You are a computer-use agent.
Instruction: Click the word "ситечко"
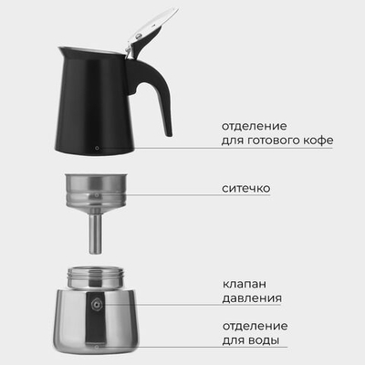[x=245, y=189]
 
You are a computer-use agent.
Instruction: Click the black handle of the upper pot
[x=161, y=91]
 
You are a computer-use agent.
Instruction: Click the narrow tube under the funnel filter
[x=94, y=234]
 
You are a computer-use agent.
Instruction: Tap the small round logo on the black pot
[x=99, y=144]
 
